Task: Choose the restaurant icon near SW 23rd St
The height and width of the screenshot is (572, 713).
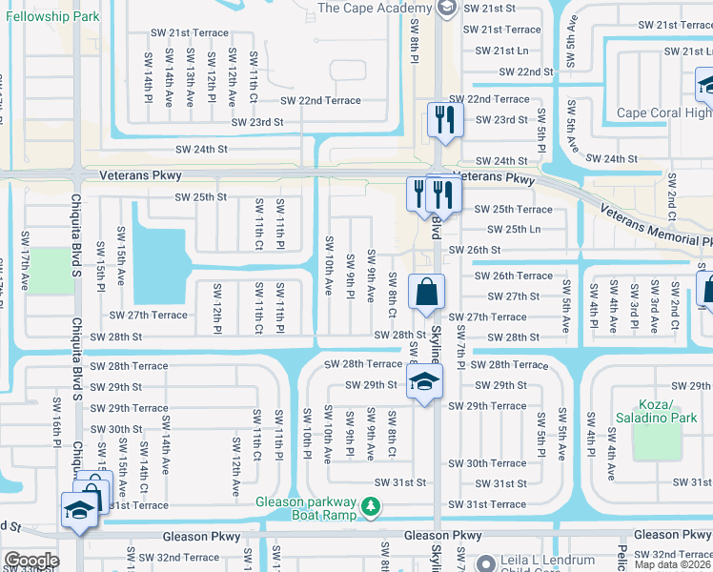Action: pos(444,119)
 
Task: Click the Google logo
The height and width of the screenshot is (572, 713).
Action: pos(31,560)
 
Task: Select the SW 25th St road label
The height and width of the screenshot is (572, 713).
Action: pos(200,197)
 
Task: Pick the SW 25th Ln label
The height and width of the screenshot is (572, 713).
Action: pos(514,229)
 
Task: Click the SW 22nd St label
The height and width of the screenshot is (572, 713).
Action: pos(521,71)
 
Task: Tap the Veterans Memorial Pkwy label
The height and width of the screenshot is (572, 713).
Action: pos(658,228)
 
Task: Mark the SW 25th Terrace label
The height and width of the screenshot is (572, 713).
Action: pos(513,209)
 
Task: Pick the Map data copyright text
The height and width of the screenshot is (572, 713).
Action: pos(670,564)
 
